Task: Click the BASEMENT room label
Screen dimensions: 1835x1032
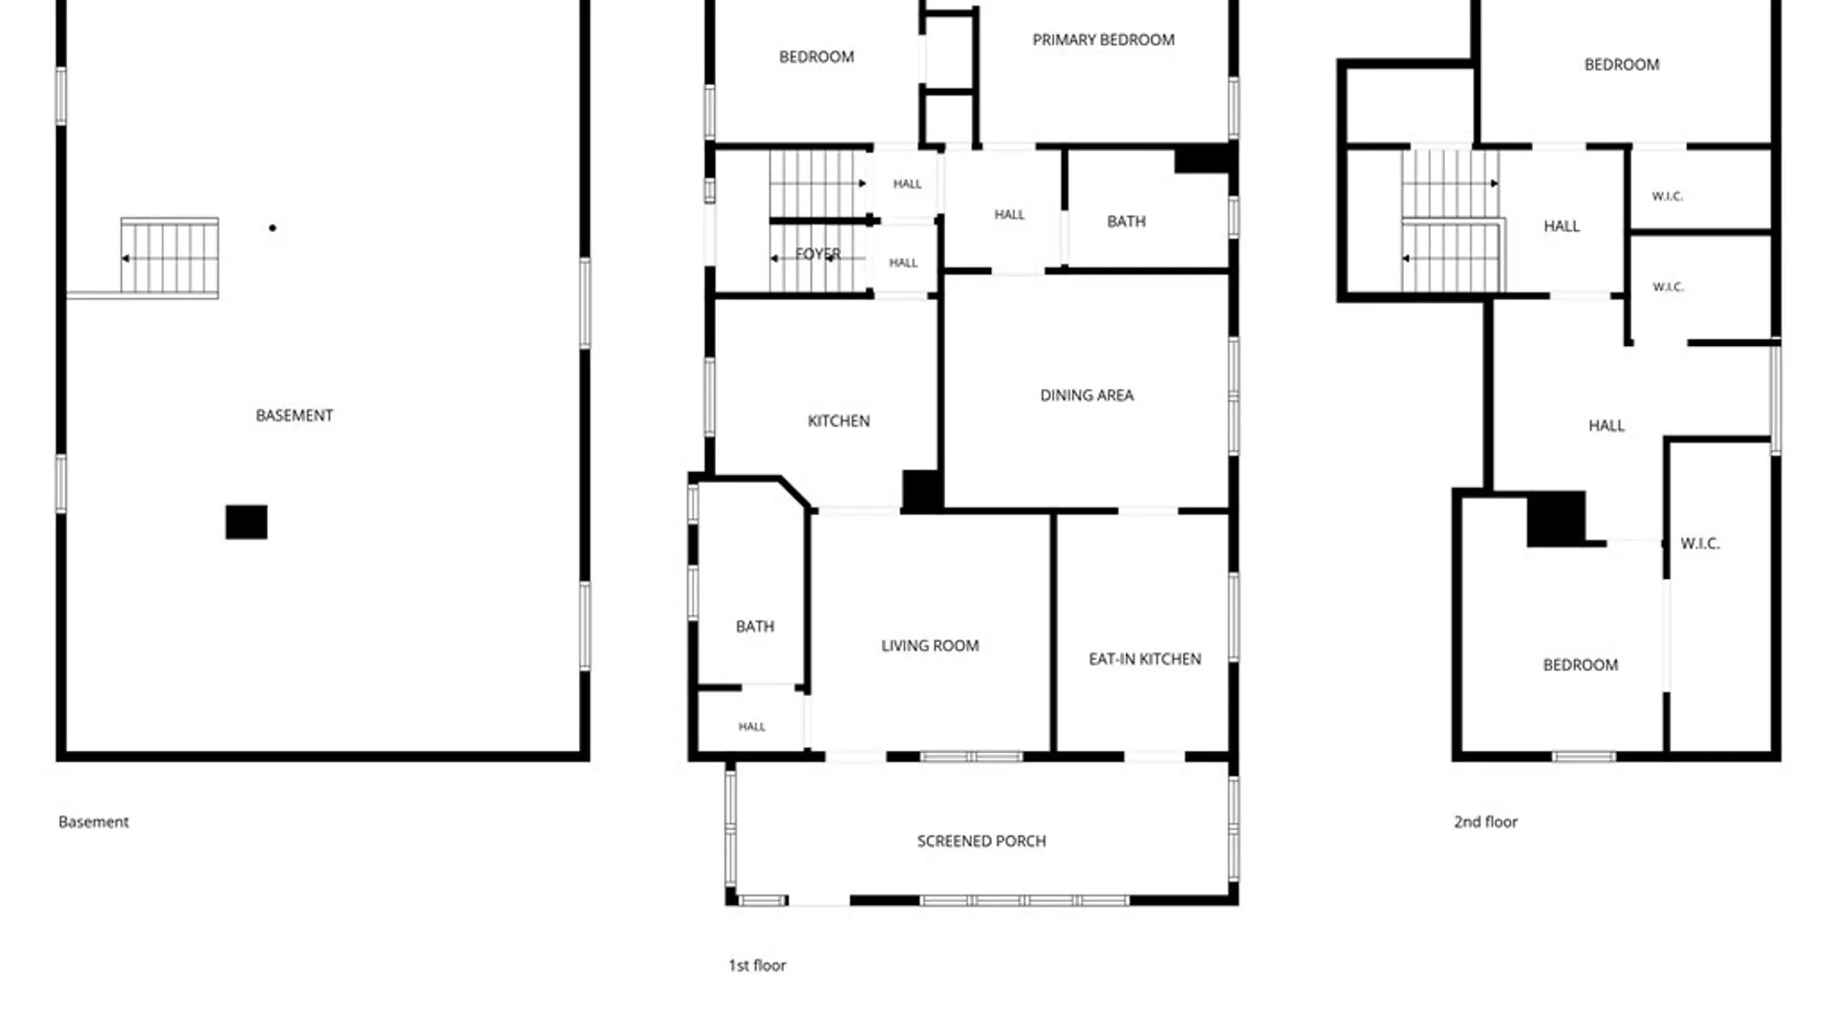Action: (x=294, y=416)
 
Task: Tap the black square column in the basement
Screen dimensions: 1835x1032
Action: (x=247, y=523)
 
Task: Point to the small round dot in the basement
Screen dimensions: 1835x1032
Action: (x=272, y=228)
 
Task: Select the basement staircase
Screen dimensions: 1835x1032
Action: (x=170, y=256)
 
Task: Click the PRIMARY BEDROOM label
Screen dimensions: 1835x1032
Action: (x=1103, y=40)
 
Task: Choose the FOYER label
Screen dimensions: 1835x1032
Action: (x=818, y=254)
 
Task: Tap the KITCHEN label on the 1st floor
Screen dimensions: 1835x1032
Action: (x=838, y=421)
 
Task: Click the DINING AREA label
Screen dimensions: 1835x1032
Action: (x=1087, y=396)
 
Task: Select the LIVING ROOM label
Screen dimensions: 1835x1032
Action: (x=930, y=646)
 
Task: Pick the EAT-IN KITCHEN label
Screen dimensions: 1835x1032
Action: (x=1145, y=659)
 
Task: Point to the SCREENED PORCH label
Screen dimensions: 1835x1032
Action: (x=982, y=842)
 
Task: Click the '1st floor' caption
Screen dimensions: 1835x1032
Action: (x=757, y=966)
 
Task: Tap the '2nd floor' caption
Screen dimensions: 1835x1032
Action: (x=1485, y=822)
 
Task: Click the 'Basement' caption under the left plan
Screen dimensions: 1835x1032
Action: (x=94, y=822)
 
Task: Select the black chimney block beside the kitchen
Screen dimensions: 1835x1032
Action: (x=923, y=491)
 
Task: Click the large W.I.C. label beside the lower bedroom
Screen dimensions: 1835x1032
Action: (x=1700, y=544)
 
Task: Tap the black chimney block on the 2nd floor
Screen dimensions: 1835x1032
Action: (x=1557, y=519)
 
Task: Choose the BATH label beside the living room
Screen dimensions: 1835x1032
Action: (x=755, y=627)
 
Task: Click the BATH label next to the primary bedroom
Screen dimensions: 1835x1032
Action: (x=1126, y=222)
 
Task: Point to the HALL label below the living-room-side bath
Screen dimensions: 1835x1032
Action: (x=752, y=727)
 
